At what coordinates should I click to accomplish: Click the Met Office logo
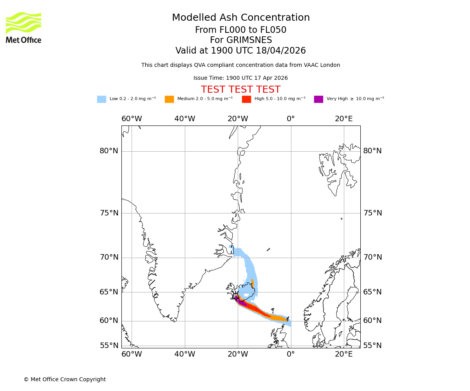point(23,27)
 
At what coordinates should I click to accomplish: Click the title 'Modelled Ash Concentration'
point(241,18)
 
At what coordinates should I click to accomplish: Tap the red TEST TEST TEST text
point(240,90)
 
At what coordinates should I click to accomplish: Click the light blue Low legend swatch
point(101,99)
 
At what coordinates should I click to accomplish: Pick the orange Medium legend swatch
point(169,99)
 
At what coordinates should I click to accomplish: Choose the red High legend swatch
point(246,99)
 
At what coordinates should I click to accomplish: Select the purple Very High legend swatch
point(318,99)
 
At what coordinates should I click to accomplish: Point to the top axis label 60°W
point(132,119)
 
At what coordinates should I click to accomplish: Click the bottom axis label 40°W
point(184,354)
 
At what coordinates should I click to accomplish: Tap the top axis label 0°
point(291,119)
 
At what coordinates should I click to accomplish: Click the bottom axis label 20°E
point(343,354)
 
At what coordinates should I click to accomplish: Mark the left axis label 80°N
point(109,151)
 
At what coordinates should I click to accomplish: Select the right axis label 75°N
point(372,213)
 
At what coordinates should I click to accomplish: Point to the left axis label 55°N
point(109,346)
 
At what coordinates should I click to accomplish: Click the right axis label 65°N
point(372,292)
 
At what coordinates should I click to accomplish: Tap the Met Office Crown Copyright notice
point(65,379)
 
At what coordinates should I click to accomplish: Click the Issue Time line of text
point(240,78)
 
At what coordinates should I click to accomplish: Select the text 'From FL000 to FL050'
point(240,30)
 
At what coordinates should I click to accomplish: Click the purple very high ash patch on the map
point(242,302)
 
